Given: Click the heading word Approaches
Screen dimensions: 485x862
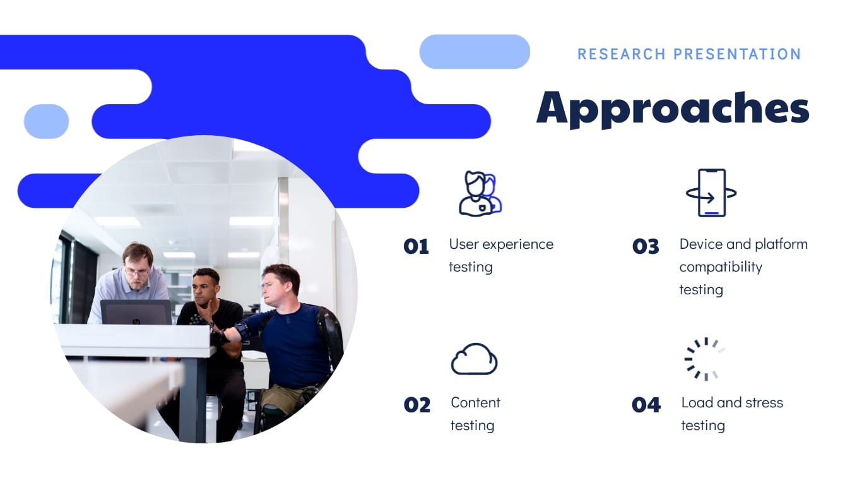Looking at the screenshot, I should pyautogui.click(x=673, y=108).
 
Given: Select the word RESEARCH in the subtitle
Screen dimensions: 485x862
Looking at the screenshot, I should pyautogui.click(x=621, y=54).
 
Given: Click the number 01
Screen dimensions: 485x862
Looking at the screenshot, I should pyautogui.click(x=416, y=246).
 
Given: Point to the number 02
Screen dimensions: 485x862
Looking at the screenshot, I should pyautogui.click(x=416, y=405).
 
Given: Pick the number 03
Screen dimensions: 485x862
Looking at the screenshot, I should pyautogui.click(x=646, y=246).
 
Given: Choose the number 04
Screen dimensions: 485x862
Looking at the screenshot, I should pyautogui.click(x=646, y=405).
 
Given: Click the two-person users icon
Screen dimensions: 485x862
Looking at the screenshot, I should pyautogui.click(x=480, y=193).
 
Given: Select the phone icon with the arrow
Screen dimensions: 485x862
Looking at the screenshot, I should pyautogui.click(x=711, y=193).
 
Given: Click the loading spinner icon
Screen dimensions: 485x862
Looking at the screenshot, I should pyautogui.click(x=704, y=359).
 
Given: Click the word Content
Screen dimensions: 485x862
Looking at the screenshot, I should pyautogui.click(x=475, y=403).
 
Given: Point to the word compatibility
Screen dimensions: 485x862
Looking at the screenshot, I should pyautogui.click(x=721, y=267).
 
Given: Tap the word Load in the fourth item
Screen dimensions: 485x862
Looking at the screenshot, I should pyautogui.click(x=695, y=403).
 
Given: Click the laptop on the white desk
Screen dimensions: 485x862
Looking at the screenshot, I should pyautogui.click(x=136, y=312).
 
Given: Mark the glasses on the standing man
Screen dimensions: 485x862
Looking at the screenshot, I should pyautogui.click(x=137, y=270).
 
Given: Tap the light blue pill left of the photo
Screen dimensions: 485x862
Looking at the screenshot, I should pyautogui.click(x=46, y=121).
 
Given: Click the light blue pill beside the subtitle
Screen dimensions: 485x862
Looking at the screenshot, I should pyautogui.click(x=475, y=52).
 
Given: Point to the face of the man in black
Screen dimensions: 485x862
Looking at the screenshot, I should pyautogui.click(x=205, y=288).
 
